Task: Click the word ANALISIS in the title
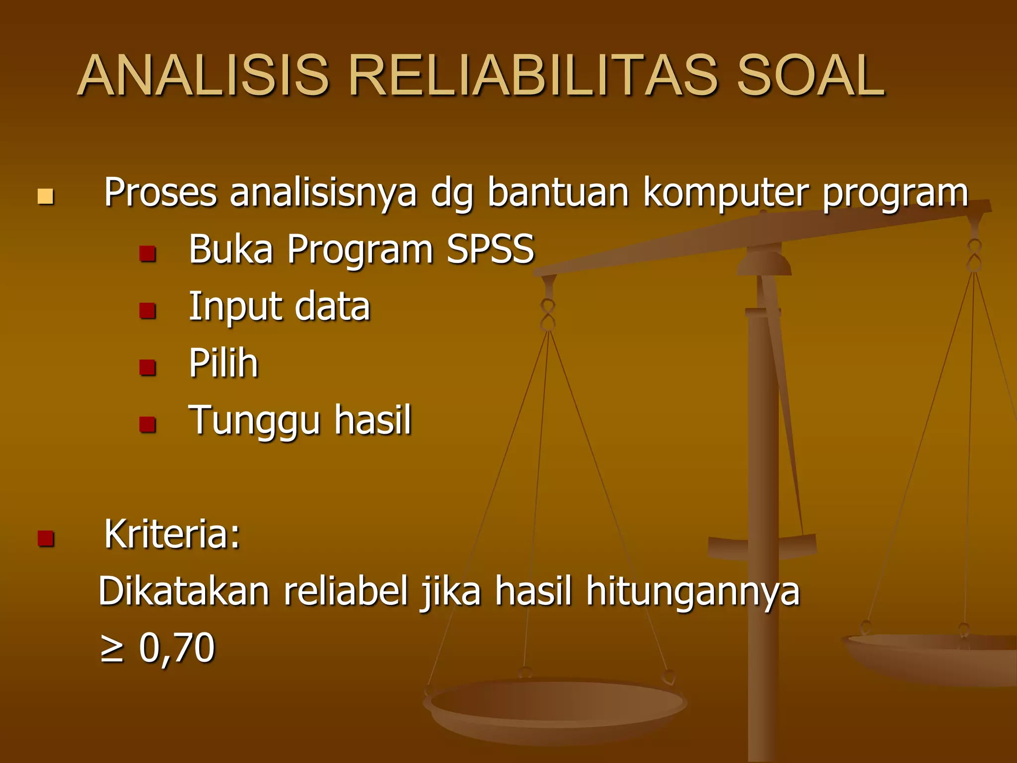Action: (204, 76)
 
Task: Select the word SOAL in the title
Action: (810, 76)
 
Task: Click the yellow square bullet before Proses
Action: (45, 197)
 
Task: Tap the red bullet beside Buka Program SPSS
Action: (147, 254)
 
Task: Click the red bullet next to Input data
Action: (147, 311)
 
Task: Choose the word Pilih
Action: (223, 363)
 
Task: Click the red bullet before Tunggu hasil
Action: (147, 425)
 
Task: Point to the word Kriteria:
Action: (172, 534)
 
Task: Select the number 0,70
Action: (177, 648)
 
